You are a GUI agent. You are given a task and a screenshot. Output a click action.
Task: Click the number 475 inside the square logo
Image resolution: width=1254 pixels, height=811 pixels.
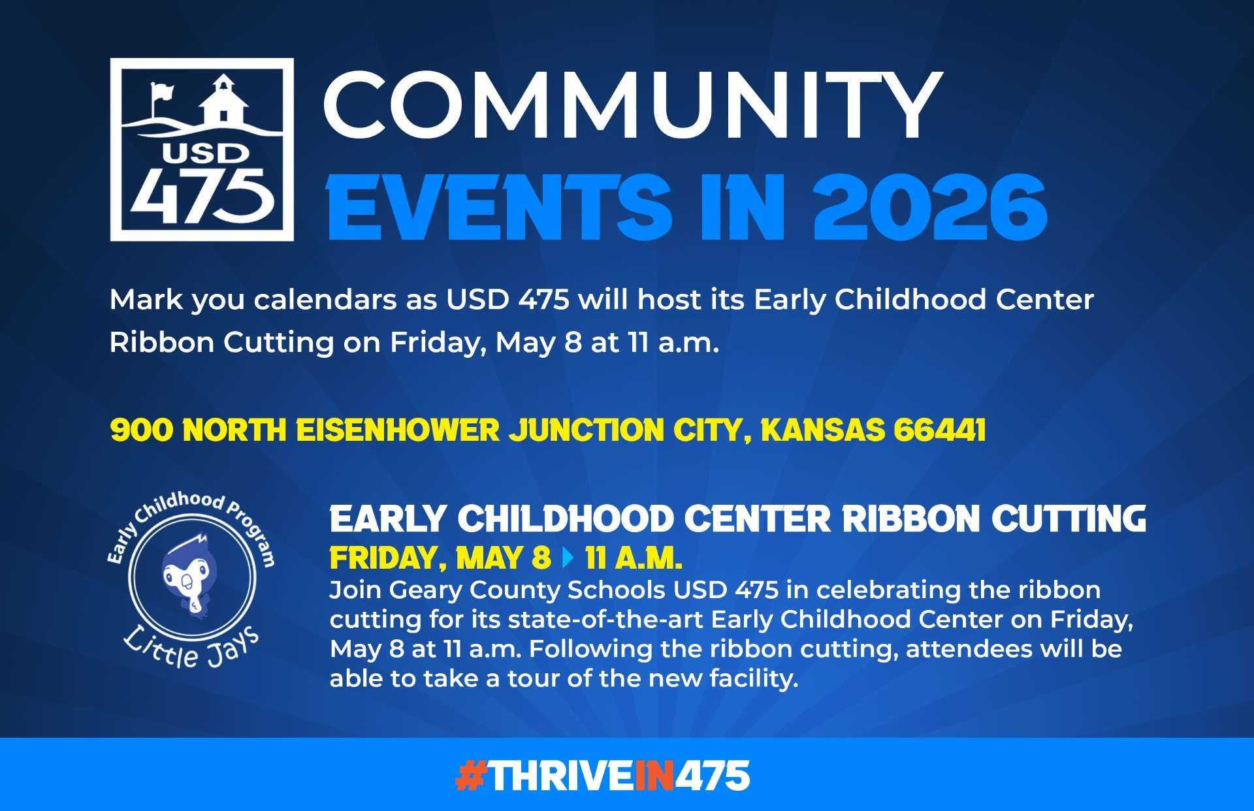pos(201,195)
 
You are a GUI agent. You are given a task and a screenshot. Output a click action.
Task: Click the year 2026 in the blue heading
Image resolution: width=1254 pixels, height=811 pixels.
pos(930,207)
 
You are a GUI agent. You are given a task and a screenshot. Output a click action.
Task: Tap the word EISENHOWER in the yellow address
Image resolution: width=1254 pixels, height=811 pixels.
pos(398,430)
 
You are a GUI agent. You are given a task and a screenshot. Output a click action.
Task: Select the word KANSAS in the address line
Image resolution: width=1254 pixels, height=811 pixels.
pos(822,430)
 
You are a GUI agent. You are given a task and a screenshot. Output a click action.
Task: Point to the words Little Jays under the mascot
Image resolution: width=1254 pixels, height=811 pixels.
pos(191,648)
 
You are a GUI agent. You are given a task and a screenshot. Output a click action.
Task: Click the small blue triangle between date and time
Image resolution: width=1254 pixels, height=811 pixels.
pos(568,558)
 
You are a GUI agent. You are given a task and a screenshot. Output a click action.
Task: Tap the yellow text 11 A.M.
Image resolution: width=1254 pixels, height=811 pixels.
pos(634,558)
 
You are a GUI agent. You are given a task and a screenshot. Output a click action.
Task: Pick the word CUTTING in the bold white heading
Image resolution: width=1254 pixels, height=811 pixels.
pos(1069,519)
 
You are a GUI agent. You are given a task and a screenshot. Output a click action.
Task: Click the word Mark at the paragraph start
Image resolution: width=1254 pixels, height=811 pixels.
pos(146,300)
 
